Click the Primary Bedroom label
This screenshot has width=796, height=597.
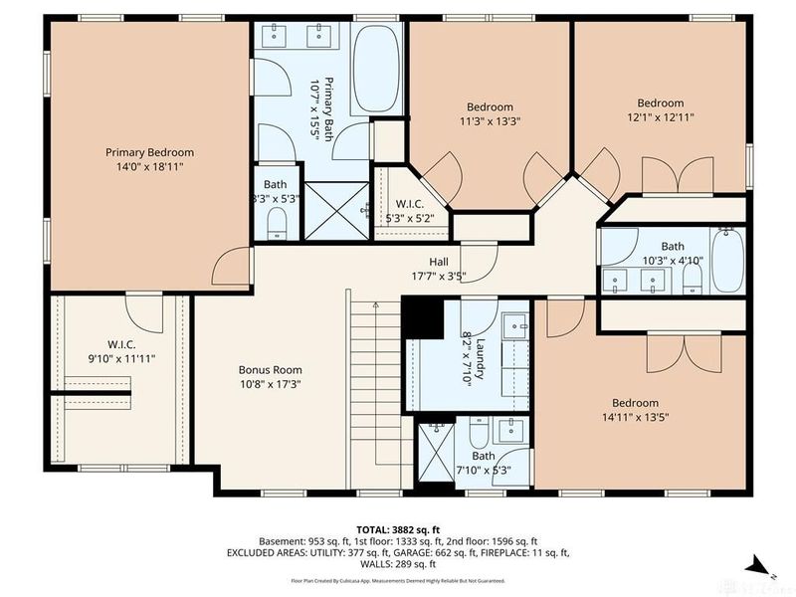[149, 152]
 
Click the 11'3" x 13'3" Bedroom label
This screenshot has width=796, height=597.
[490, 107]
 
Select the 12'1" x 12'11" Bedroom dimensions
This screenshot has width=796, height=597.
[661, 116]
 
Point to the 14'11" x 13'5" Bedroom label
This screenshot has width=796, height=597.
[635, 403]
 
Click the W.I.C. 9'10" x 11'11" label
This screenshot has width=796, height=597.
[120, 344]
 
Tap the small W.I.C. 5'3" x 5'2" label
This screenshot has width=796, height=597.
[409, 203]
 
